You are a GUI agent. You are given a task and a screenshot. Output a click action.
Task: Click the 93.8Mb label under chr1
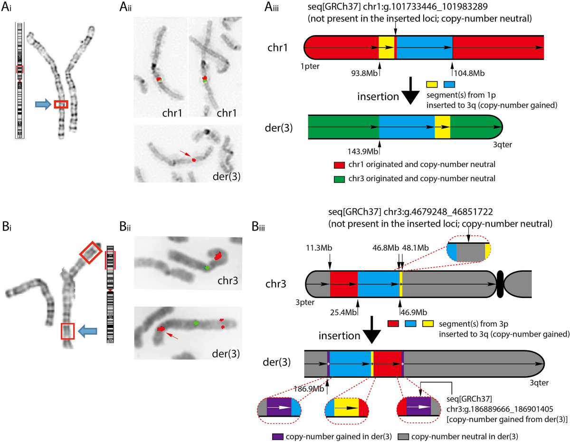coord(363,74)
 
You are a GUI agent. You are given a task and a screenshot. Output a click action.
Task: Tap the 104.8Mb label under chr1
coord(465,74)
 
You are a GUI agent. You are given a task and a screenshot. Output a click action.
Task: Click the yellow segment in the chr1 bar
coord(386,48)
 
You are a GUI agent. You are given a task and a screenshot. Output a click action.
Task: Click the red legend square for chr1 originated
coord(339,164)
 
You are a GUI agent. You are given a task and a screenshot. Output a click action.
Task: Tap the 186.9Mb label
coord(311,388)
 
